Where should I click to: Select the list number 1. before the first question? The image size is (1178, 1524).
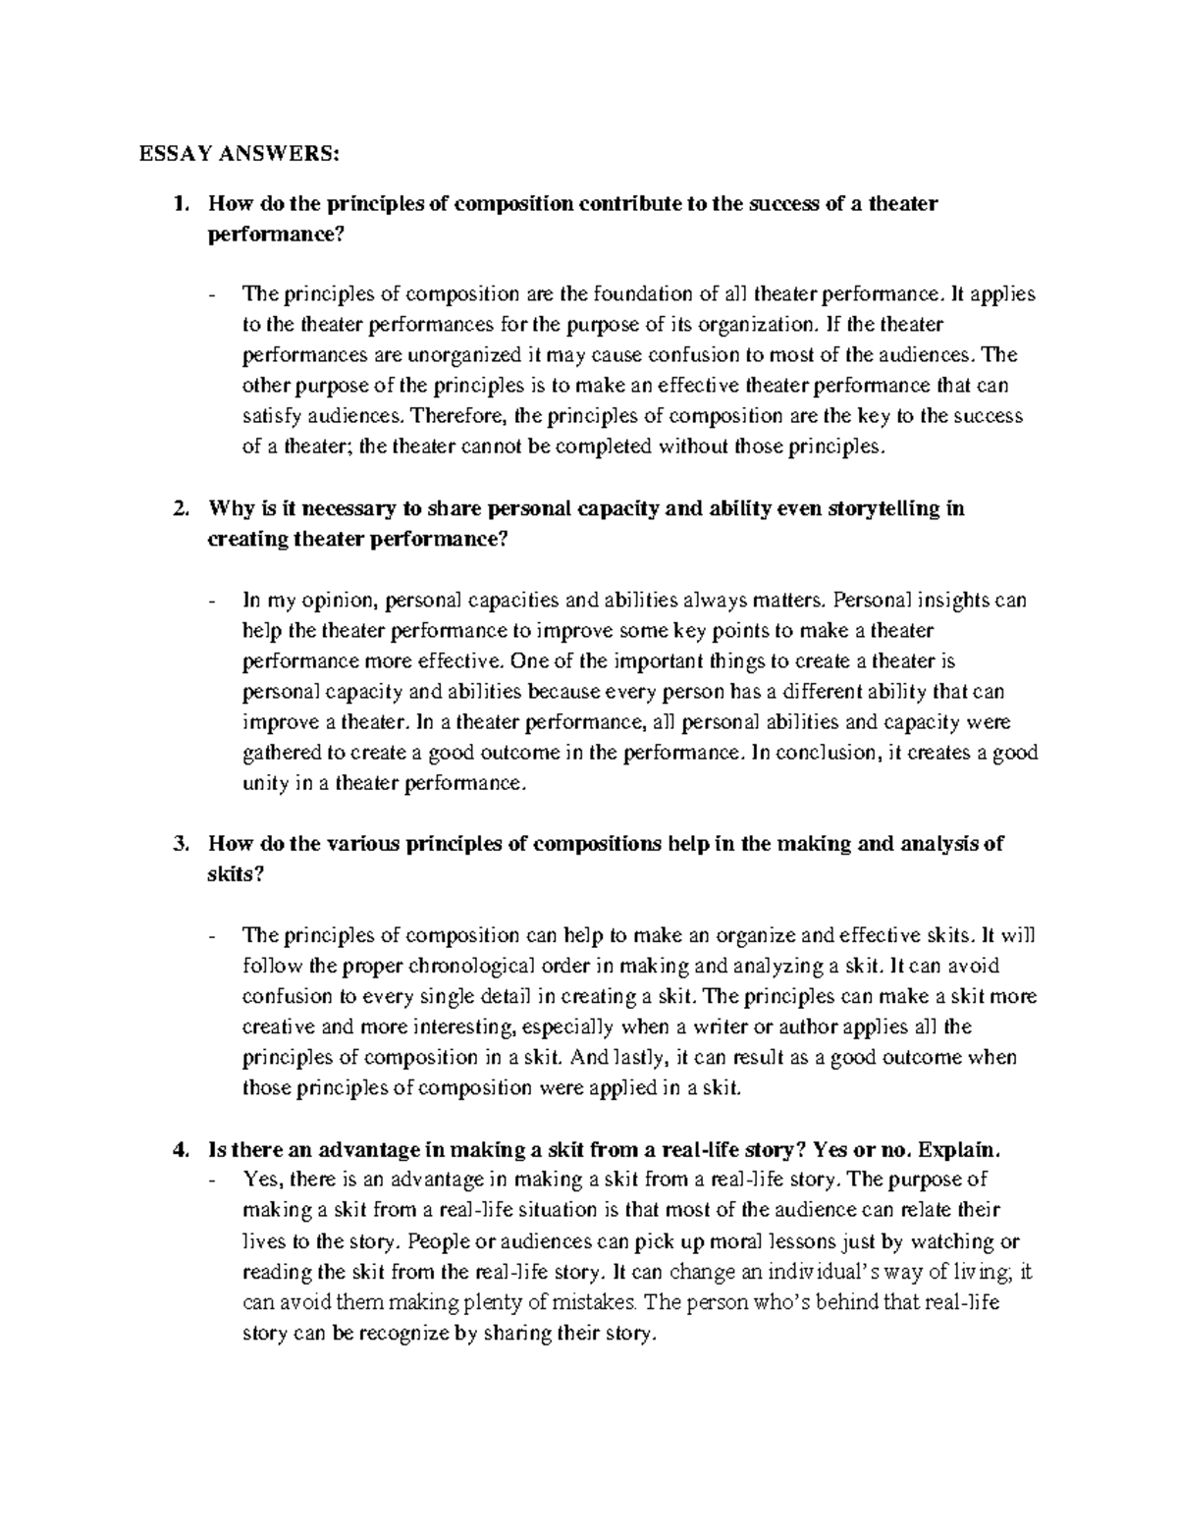coord(179,204)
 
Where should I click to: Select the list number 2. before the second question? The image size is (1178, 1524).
coord(179,508)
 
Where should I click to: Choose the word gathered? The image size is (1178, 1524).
coord(278,753)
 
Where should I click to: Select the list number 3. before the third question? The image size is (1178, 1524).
coord(179,844)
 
